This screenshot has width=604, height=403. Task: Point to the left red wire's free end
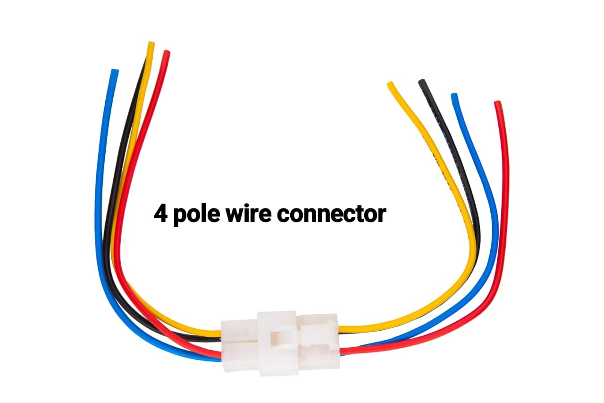pyautogui.click(x=167, y=53)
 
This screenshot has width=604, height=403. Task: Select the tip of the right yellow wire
pyautogui.click(x=390, y=85)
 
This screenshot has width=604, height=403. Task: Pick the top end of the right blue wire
pyautogui.click(x=454, y=96)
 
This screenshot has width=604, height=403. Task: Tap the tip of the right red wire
pyautogui.click(x=497, y=103)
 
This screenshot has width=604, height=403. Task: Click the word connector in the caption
pyautogui.click(x=331, y=215)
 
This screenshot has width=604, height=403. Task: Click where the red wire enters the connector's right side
pyautogui.click(x=342, y=351)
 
